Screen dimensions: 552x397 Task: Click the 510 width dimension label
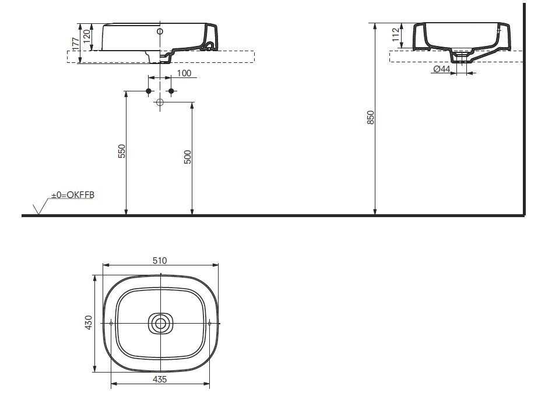(x=160, y=261)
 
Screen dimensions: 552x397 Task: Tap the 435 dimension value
(x=160, y=380)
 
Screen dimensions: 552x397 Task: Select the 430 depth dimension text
(x=89, y=322)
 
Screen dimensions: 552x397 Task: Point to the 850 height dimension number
(x=370, y=118)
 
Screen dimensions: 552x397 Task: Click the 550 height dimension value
(x=121, y=151)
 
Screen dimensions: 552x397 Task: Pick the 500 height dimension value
(x=188, y=157)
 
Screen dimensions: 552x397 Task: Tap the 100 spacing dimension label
(x=184, y=73)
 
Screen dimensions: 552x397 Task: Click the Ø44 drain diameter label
(x=441, y=69)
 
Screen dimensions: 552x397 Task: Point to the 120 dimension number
(x=87, y=35)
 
